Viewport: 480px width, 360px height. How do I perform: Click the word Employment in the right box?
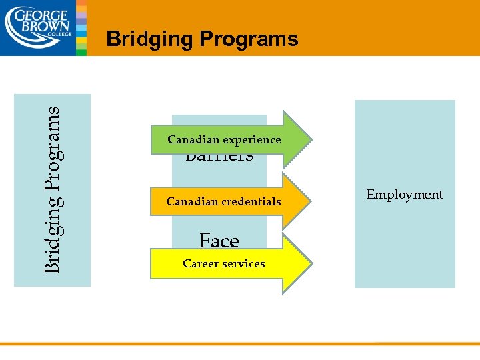click(x=404, y=195)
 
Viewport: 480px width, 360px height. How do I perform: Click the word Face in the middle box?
click(x=219, y=240)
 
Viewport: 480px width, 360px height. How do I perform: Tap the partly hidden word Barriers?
click(x=219, y=159)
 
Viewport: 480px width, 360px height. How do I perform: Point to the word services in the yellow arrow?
click(x=243, y=263)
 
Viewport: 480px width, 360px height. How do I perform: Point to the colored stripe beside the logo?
click(x=81, y=27)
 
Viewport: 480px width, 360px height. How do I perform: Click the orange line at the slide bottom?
click(x=240, y=344)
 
